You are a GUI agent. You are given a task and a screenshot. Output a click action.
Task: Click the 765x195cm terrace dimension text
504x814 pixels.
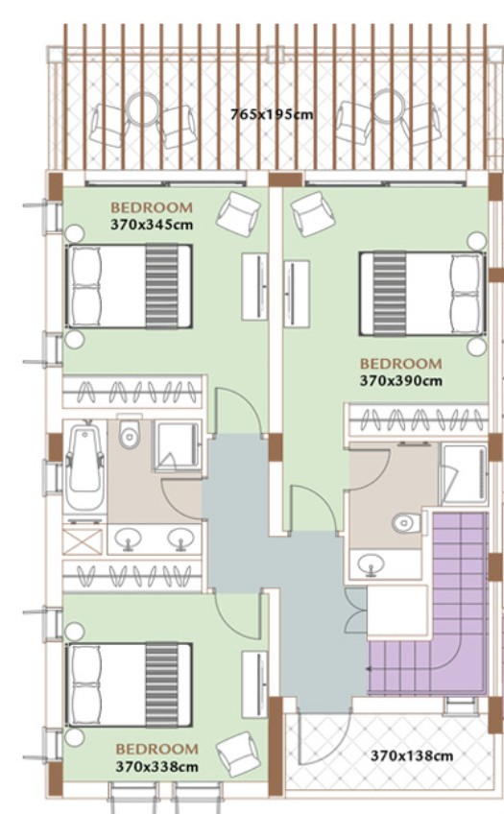click(272, 114)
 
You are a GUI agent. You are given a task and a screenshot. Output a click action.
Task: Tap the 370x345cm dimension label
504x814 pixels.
click(152, 225)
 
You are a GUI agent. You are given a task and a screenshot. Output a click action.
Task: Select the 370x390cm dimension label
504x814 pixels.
click(401, 381)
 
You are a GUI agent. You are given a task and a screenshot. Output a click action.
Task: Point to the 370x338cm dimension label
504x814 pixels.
click(156, 767)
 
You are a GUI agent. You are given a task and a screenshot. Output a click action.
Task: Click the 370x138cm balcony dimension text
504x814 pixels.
click(412, 755)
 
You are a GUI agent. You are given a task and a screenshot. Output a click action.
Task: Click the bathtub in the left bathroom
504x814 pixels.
click(84, 467)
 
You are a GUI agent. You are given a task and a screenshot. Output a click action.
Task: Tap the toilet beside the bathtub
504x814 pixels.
click(130, 432)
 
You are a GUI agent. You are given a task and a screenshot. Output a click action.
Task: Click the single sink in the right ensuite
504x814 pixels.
click(372, 563)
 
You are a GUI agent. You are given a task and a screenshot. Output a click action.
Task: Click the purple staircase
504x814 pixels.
click(428, 604)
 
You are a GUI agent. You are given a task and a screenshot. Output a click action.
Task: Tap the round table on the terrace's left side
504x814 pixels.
click(142, 108)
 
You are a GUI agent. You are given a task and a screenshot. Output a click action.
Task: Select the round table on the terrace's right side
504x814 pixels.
click(389, 106)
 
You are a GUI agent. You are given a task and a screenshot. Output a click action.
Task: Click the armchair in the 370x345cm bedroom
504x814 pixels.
click(238, 214)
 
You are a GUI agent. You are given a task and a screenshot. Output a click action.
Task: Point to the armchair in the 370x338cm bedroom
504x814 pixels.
click(238, 754)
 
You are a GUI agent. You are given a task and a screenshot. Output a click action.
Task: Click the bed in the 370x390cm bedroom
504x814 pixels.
click(422, 294)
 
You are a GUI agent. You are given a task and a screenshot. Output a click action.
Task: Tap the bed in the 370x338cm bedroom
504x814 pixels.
click(130, 684)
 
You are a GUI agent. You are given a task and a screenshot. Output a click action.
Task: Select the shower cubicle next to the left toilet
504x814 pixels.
click(177, 446)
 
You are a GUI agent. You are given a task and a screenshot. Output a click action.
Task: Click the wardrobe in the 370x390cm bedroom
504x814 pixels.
click(418, 419)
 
